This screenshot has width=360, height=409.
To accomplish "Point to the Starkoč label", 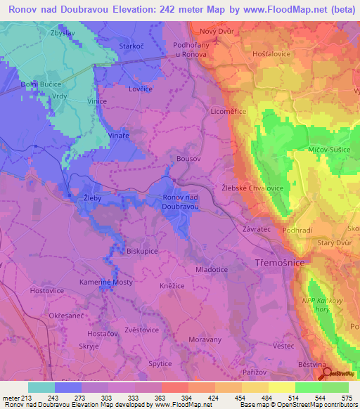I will [131, 46].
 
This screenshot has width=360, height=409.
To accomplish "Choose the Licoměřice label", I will [229, 111].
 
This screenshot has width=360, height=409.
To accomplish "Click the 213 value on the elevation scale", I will [20, 398].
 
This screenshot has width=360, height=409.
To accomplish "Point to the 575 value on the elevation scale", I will [347, 398].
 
